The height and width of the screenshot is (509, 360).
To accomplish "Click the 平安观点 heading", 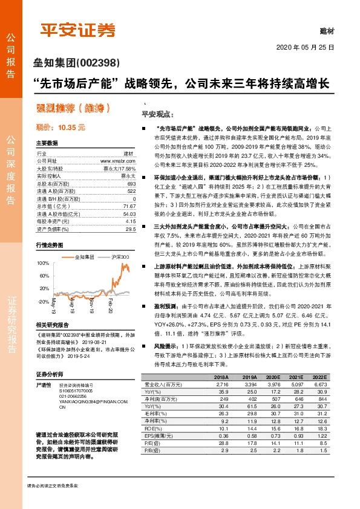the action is tap(157, 114).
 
